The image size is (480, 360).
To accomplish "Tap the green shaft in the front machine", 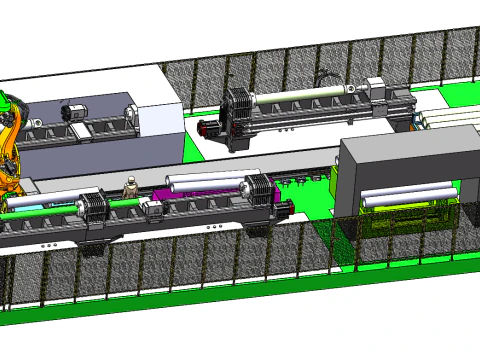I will pos(40,212).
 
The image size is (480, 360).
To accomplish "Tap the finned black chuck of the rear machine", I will pos(240,118).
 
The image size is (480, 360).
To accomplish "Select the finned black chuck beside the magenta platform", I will pos(257,189).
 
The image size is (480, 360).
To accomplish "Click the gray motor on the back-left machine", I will pos(74,113).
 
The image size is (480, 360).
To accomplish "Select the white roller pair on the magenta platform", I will pos(205,183).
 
